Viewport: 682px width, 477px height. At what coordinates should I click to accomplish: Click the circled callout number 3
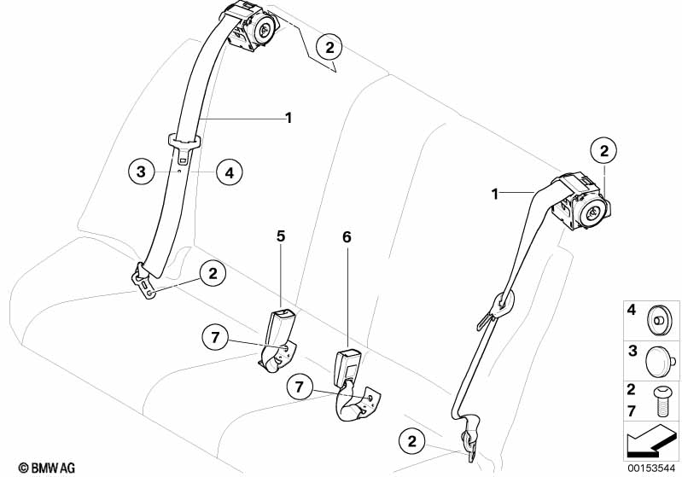142,172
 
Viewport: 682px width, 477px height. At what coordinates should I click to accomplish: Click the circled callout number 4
230,172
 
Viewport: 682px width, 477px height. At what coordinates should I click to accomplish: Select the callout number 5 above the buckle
281,236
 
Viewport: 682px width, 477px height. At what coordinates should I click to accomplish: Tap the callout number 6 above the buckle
347,237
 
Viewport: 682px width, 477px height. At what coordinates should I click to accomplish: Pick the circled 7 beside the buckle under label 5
215,337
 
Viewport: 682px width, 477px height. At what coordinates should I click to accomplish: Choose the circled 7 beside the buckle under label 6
300,387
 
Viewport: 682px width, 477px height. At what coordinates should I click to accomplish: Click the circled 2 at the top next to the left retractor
329,47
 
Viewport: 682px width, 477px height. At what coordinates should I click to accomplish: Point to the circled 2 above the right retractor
604,151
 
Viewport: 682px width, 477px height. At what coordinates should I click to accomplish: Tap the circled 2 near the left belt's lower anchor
213,274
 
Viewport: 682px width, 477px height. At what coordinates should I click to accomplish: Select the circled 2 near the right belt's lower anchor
412,441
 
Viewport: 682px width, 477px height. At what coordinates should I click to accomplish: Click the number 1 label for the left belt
289,118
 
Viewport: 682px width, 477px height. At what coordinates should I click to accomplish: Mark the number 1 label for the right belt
494,194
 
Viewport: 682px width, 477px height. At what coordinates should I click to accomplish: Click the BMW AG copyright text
47,468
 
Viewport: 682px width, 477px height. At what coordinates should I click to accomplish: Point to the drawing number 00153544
651,468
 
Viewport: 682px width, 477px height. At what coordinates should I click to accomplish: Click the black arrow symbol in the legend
650,441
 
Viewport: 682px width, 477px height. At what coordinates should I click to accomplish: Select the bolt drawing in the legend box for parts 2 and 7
661,400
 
